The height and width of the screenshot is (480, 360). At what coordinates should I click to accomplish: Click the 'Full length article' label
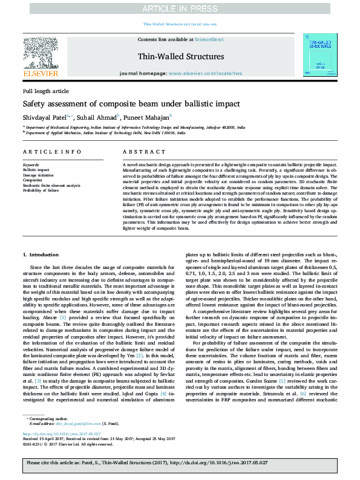tap(46, 91)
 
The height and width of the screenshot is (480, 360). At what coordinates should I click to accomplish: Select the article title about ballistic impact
tap(131, 103)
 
